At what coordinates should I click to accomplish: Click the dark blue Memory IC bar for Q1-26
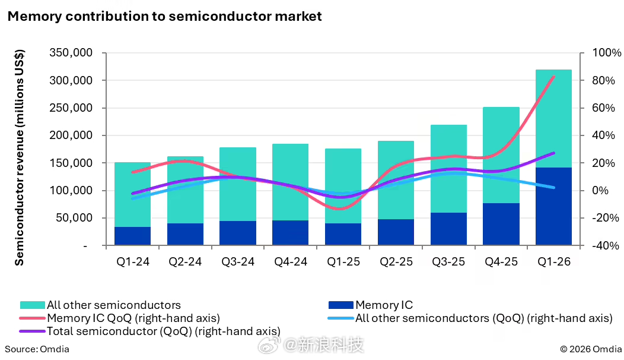point(553,206)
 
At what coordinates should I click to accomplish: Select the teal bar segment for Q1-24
point(132,194)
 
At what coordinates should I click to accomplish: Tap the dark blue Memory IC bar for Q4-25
point(501,224)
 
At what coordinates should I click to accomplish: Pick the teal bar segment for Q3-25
point(448,169)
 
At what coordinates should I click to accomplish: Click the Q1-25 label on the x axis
point(343,261)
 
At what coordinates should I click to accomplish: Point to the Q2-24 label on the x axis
point(185,261)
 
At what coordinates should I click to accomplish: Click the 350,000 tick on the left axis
point(71,53)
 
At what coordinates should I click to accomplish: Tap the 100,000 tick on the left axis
point(71,191)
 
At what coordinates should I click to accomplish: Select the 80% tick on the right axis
point(604,81)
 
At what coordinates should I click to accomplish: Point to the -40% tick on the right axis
point(606,245)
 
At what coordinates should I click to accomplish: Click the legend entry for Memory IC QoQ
point(120,318)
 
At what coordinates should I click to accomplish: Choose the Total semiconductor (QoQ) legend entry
point(150,331)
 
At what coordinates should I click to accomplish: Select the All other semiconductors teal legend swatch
point(32,305)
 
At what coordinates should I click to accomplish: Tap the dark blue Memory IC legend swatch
point(340,305)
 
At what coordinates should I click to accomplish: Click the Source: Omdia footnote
point(37,349)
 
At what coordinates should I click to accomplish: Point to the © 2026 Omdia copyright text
point(591,349)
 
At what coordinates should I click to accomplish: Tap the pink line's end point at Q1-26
point(553,76)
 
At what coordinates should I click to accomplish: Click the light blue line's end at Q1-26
point(553,187)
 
